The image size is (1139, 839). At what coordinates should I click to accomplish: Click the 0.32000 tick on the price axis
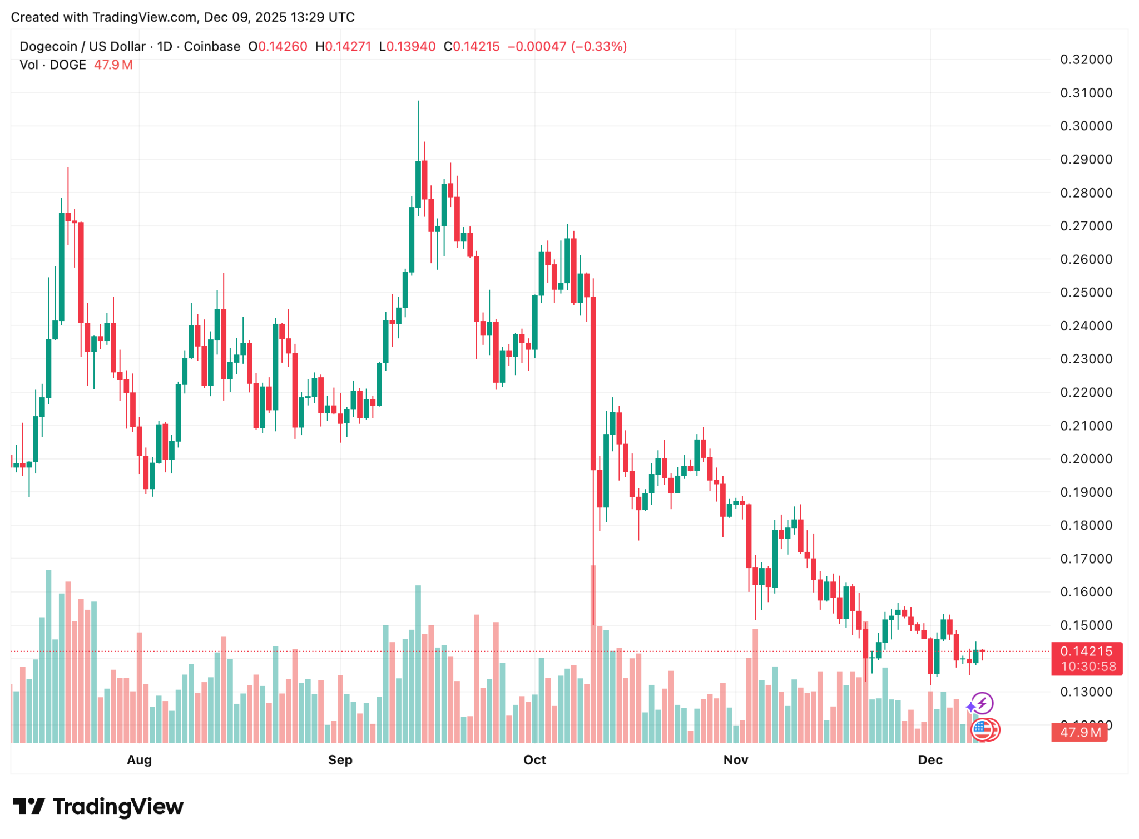click(1086, 60)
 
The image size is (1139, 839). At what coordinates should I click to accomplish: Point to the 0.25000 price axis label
click(1086, 293)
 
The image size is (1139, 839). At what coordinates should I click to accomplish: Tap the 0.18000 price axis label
click(1086, 525)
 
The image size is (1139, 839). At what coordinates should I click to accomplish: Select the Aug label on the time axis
click(139, 760)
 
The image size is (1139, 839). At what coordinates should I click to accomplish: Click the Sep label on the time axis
click(340, 760)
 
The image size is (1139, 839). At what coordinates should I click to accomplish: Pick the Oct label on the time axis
click(534, 760)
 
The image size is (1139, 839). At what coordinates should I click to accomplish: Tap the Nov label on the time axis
click(735, 760)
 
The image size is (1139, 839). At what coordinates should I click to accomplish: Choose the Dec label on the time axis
click(930, 760)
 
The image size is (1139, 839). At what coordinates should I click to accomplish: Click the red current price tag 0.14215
click(1086, 652)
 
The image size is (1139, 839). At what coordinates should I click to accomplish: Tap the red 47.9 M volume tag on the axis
click(1079, 732)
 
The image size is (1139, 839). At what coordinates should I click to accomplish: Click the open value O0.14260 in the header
click(278, 47)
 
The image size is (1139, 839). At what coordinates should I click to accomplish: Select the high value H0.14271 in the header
click(343, 47)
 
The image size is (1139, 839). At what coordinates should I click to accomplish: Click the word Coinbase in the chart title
click(211, 47)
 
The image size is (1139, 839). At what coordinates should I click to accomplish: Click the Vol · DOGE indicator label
click(52, 65)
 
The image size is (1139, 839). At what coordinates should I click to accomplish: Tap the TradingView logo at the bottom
click(98, 807)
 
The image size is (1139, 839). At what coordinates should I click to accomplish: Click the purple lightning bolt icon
click(982, 703)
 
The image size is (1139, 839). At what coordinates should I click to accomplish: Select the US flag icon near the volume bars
click(982, 729)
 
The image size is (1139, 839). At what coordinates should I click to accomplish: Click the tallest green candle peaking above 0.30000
click(418, 184)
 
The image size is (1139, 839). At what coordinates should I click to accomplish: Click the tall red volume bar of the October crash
click(593, 654)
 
